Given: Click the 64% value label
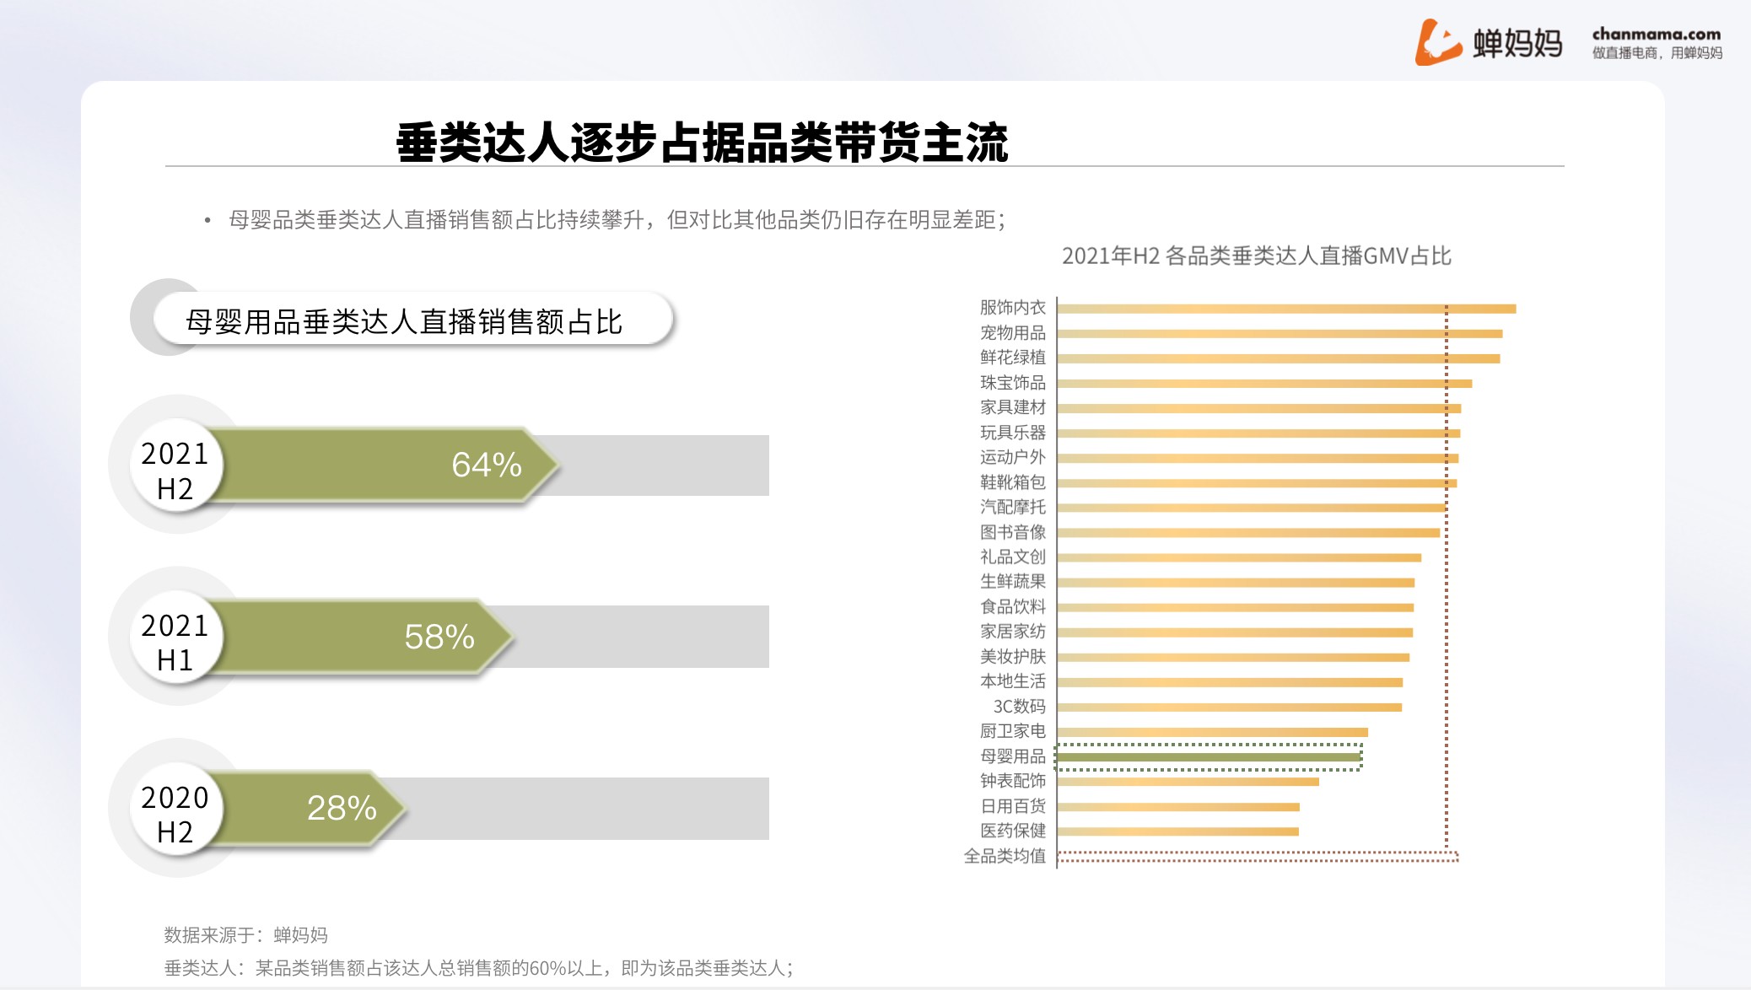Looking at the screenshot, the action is tap(487, 465).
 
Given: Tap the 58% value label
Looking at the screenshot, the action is tap(439, 637).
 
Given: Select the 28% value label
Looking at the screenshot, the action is tap(342, 808).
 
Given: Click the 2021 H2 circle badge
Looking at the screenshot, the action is tap(175, 466).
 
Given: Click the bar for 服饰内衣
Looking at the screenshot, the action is tap(1286, 309).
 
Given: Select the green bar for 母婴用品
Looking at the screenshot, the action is tap(1210, 757).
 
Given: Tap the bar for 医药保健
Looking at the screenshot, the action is tap(1178, 831).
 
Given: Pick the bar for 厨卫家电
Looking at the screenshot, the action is tap(1213, 732).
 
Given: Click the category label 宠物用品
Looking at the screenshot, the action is tap(1012, 333).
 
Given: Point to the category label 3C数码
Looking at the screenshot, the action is tap(1019, 707).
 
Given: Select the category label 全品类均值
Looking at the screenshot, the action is tap(1005, 856).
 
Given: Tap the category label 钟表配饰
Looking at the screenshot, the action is tap(1012, 781).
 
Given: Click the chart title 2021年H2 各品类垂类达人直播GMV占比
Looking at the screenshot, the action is tap(1257, 256).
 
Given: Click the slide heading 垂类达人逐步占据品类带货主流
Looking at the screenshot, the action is tap(702, 143).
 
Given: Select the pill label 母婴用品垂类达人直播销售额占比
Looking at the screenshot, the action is tap(404, 321).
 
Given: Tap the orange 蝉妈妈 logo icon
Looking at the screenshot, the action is tap(1437, 42).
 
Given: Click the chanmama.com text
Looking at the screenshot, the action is tap(1657, 35).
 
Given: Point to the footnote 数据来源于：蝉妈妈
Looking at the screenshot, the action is tap(245, 934).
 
